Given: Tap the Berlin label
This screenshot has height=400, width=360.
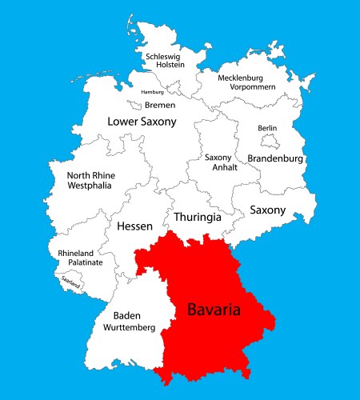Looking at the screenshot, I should click(x=267, y=128).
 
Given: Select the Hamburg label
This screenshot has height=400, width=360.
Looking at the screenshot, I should click(x=152, y=92).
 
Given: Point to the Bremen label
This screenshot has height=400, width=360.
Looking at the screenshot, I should click(x=160, y=105).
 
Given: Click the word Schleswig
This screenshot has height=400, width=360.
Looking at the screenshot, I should click(x=163, y=57).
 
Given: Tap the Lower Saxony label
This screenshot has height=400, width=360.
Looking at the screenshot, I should click(x=142, y=122).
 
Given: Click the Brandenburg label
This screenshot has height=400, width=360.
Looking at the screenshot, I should click(x=275, y=158).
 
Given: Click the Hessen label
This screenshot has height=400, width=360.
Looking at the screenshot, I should click(x=134, y=226).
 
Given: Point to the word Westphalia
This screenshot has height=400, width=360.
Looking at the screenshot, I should click(x=90, y=186).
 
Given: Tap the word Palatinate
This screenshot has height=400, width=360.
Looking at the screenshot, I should click(x=80, y=262).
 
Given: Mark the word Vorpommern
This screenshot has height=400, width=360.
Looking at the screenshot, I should click(x=252, y=86).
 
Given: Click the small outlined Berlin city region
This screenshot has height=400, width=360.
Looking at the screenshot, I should click(x=270, y=142).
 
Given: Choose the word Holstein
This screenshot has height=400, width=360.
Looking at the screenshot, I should click(x=163, y=67).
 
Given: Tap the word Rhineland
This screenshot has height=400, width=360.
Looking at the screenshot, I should click(x=76, y=253).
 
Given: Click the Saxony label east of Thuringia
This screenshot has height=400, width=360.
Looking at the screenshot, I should click(x=267, y=210).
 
